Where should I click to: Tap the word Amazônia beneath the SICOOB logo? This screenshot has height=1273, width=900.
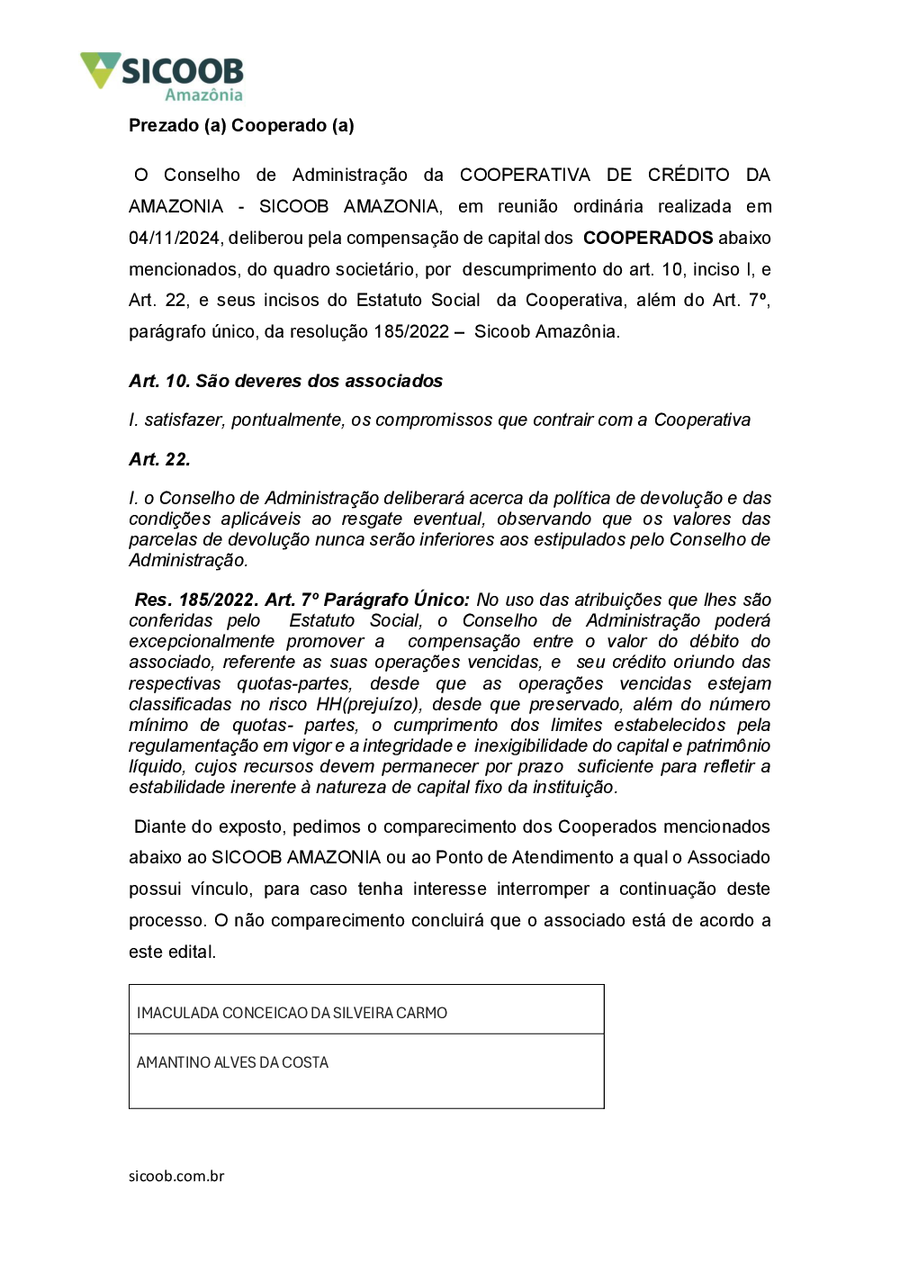203,95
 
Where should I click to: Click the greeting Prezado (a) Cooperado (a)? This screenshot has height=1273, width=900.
241,125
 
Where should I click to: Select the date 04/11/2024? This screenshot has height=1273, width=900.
174,238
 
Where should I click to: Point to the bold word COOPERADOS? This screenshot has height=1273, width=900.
647,238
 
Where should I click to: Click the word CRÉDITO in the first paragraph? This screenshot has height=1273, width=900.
688,175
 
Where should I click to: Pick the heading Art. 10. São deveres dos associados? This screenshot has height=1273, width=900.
285,381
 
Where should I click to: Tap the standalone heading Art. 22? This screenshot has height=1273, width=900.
159,459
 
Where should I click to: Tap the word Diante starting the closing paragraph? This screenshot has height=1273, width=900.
160,826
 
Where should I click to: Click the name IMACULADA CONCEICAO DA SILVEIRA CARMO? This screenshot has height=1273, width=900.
292,1013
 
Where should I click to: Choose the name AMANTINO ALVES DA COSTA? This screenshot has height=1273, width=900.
232,1062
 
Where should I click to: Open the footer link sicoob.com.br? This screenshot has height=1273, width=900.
176,1176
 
